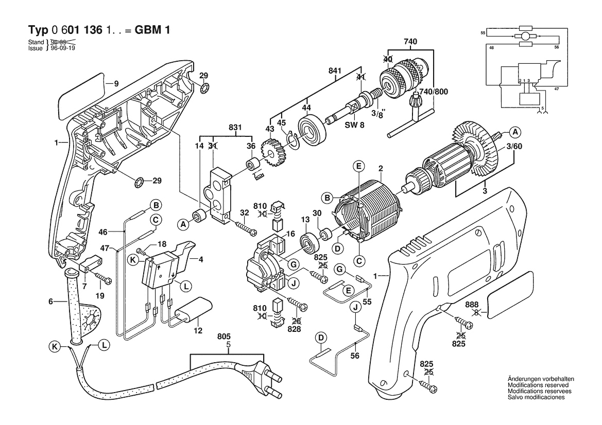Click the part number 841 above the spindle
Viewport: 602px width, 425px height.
pyautogui.click(x=335, y=71)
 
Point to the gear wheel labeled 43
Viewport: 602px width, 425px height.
pyautogui.click(x=272, y=154)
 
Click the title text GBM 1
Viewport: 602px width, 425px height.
pyautogui.click(x=152, y=30)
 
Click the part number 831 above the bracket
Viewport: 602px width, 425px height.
pyautogui.click(x=235, y=128)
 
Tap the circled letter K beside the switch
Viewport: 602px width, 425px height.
pyautogui.click(x=133, y=260)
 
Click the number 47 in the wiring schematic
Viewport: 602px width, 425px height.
pyautogui.click(x=557, y=89)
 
